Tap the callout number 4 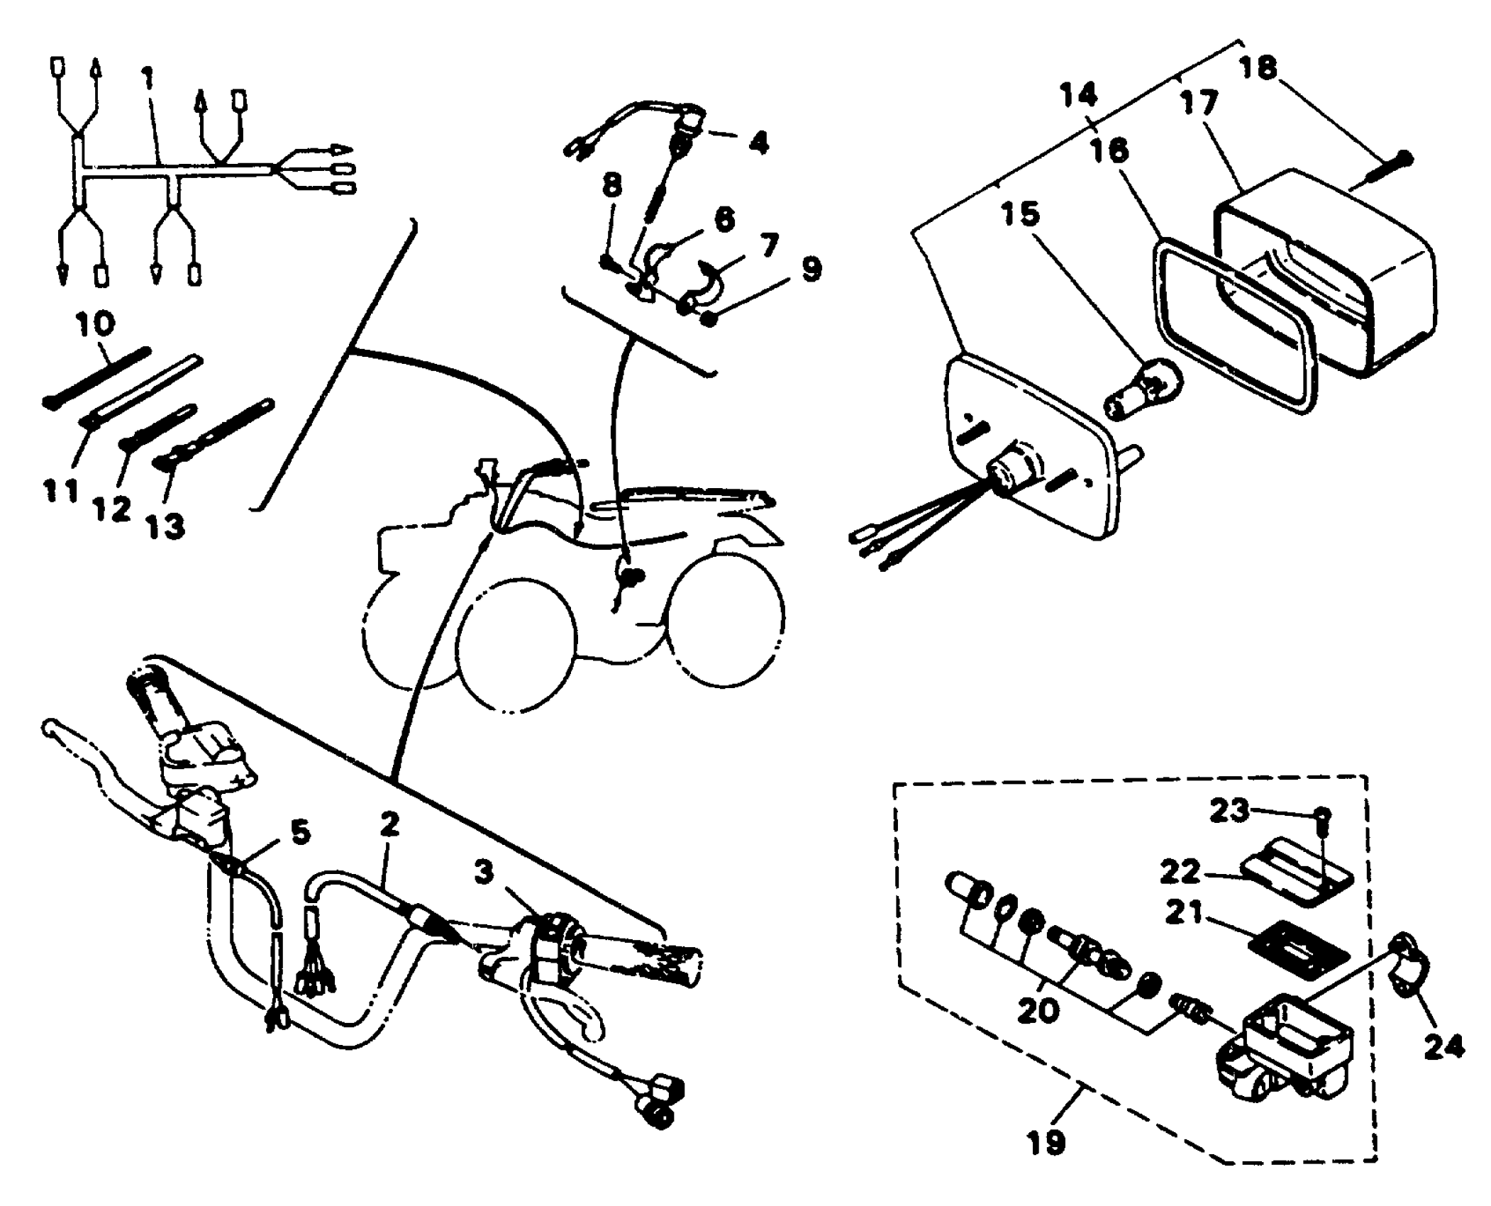(x=758, y=143)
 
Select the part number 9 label (x=811, y=270)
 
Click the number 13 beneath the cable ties (x=165, y=526)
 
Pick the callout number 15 (x=1021, y=214)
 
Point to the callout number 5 (x=301, y=832)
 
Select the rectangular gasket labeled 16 (x=1234, y=326)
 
